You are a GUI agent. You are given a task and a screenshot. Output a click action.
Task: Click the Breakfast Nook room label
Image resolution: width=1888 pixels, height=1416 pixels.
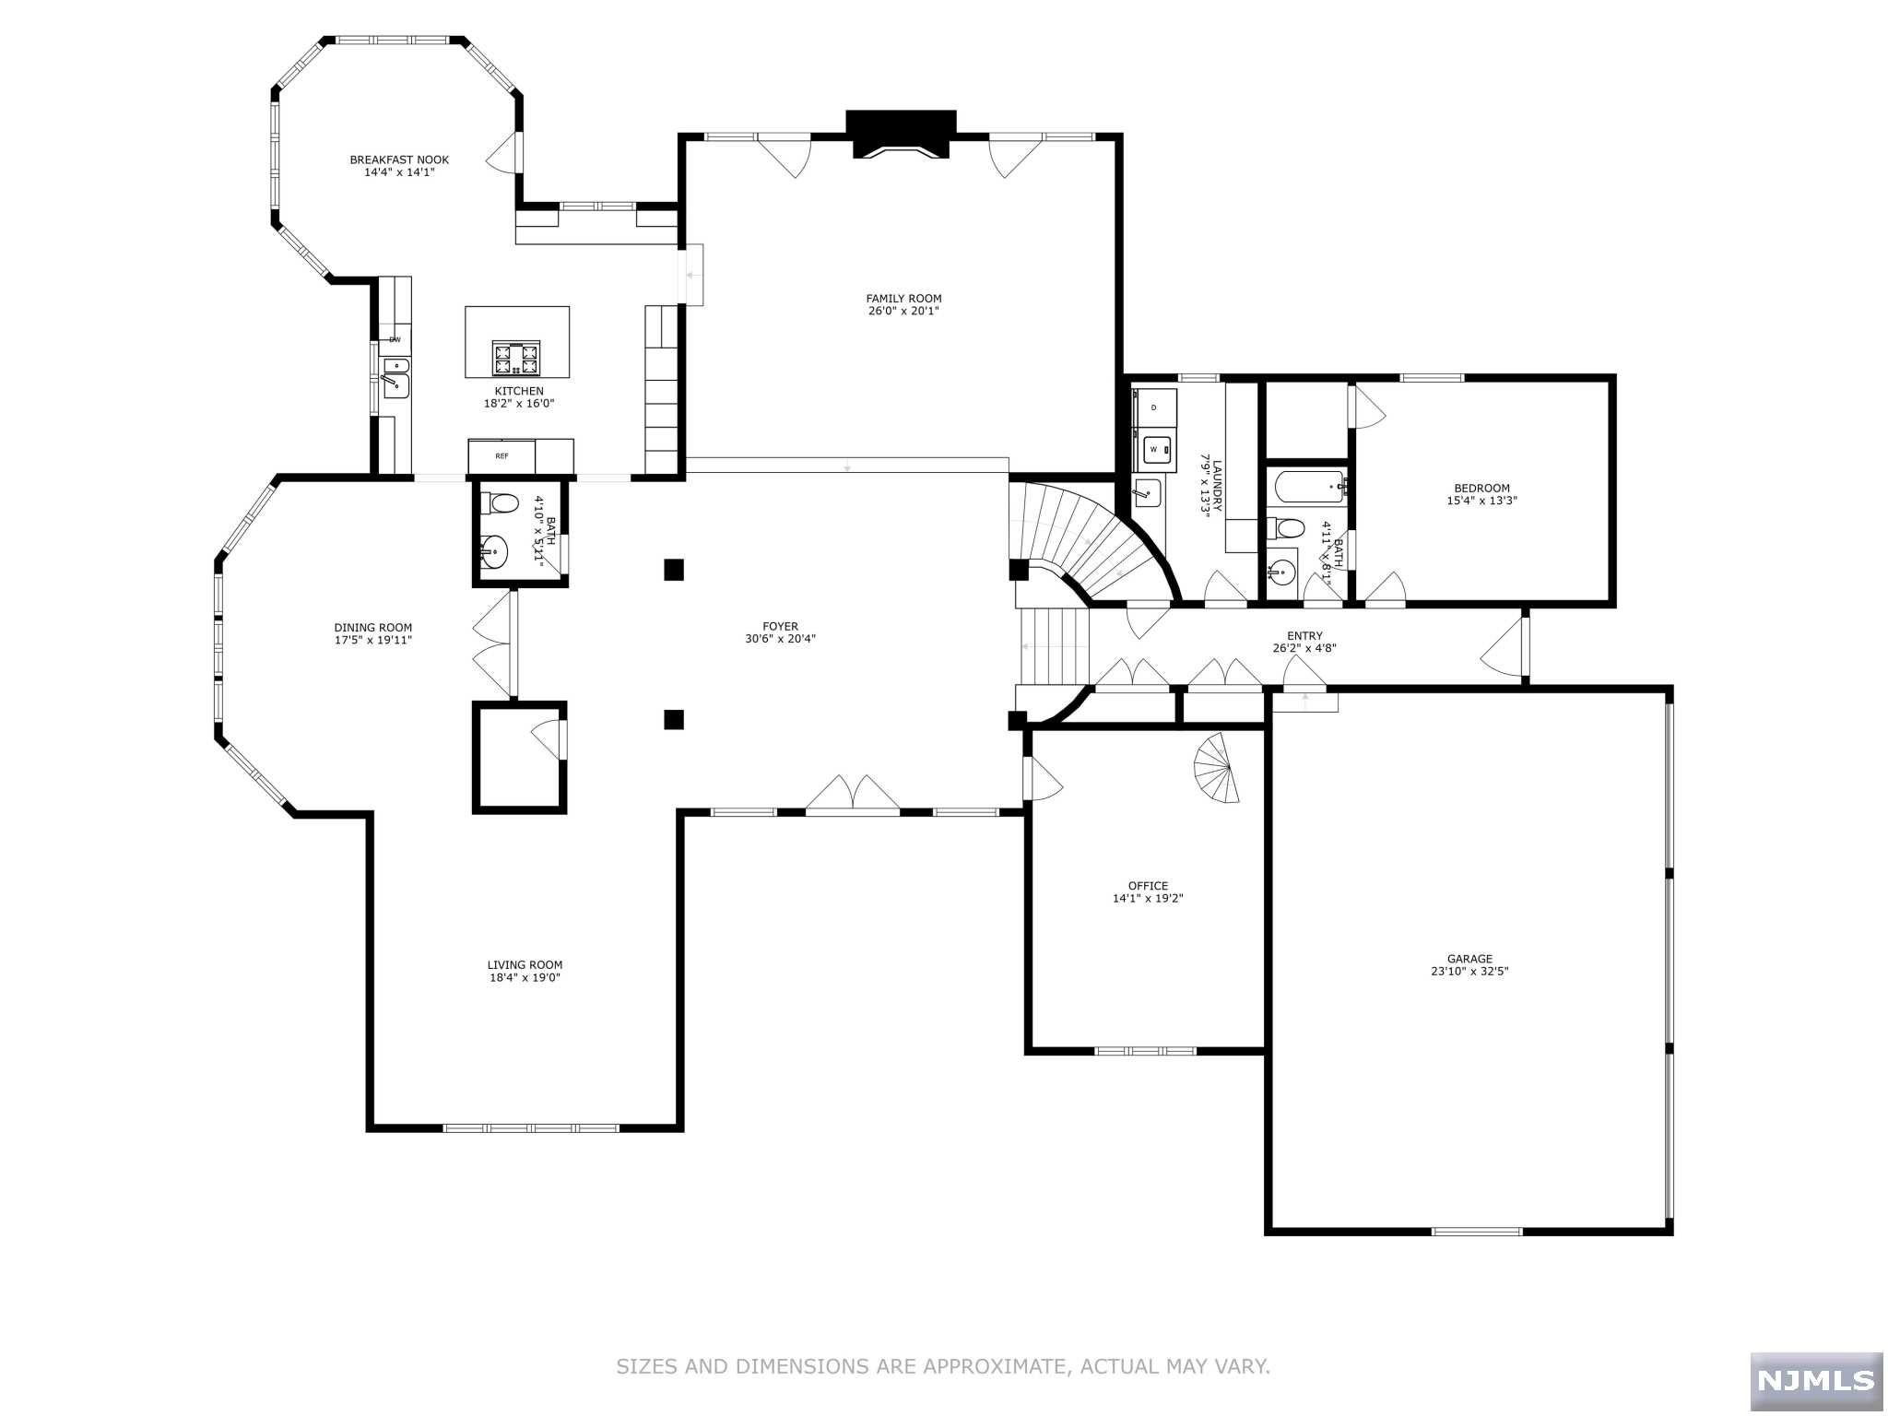click(399, 159)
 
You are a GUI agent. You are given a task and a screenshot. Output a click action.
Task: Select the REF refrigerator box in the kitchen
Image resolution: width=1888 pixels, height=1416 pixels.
click(501, 456)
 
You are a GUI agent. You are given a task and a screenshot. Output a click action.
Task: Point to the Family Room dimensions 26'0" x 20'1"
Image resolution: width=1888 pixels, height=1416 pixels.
click(903, 312)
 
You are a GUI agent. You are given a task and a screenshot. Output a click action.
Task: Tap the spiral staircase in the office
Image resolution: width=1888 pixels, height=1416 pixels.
click(1216, 768)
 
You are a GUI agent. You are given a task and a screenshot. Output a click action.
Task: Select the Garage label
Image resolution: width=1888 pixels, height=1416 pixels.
click(1469, 959)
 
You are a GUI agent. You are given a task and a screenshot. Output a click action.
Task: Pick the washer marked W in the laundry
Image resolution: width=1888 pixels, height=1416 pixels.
click(1156, 450)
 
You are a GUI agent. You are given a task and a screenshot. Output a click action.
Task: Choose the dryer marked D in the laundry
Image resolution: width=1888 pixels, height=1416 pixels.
click(1155, 407)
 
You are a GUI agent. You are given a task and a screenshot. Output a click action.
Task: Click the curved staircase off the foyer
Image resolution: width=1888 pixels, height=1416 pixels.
click(1097, 544)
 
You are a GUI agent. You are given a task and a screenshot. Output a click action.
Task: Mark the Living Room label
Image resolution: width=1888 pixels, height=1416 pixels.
click(525, 965)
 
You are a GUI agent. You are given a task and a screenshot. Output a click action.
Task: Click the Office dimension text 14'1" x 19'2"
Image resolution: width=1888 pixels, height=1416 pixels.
click(1148, 898)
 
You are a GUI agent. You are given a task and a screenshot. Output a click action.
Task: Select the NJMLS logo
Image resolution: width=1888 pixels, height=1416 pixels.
click(1816, 1380)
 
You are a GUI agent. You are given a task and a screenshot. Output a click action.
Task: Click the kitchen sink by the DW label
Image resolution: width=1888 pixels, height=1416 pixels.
click(395, 380)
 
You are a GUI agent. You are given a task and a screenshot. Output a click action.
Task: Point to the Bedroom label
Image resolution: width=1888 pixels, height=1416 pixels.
click(1481, 489)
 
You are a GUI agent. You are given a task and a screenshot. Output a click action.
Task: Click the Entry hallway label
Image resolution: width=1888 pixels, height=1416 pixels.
click(1304, 636)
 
